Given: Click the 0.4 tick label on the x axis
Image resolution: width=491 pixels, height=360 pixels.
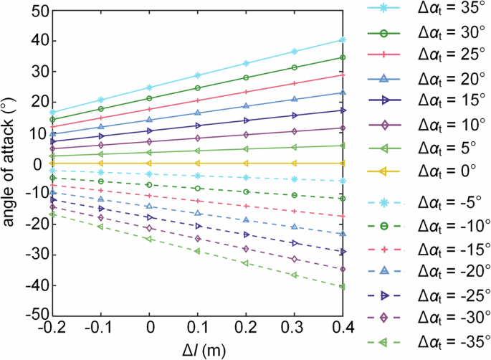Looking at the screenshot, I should coord(343,330).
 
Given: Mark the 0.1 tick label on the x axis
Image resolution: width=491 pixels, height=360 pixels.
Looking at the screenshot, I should coord(198,330).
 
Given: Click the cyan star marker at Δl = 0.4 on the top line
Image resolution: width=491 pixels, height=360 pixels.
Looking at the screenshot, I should coord(343,40).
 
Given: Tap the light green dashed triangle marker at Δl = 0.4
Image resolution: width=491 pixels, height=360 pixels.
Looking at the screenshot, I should coord(343,286).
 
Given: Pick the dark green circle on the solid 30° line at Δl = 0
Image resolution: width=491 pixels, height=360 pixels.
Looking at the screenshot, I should coord(149,98).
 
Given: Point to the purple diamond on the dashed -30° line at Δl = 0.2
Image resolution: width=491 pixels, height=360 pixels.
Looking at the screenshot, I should coord(246,249).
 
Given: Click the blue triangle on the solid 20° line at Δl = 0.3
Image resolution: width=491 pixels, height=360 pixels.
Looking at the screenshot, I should coord(294,100).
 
